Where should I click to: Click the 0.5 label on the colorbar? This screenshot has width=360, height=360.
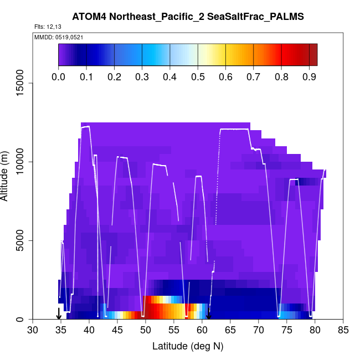[198, 76]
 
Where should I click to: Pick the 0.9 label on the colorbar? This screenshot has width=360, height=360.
[309, 76]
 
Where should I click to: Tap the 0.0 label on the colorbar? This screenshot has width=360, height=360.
[59, 76]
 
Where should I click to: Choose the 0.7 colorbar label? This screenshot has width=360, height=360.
[254, 76]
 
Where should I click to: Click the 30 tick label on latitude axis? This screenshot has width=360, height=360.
[33, 331]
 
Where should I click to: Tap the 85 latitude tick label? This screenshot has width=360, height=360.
[343, 331]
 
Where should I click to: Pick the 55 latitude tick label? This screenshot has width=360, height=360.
[174, 331]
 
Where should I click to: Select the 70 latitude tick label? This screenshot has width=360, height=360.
[259, 331]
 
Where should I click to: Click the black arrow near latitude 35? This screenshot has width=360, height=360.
[59, 314]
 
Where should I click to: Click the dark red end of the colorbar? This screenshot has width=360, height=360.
[313, 55]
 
